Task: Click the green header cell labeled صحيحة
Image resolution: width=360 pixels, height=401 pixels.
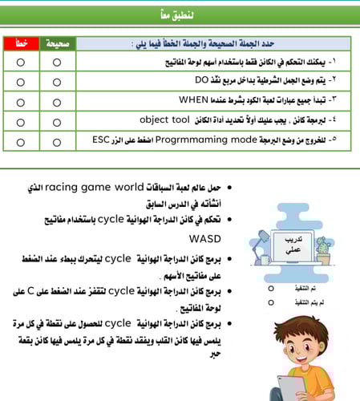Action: tap(56, 43)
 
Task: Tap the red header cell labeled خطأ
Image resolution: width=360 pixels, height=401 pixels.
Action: tap(19, 43)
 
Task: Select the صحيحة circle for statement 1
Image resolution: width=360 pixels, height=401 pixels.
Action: tap(56, 61)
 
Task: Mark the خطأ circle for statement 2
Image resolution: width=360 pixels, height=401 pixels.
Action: tap(19, 81)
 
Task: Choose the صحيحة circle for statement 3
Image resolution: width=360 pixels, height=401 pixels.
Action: tap(56, 101)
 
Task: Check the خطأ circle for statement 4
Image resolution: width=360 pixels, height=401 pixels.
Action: tap(19, 121)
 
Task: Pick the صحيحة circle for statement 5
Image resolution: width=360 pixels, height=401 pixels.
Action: tap(56, 141)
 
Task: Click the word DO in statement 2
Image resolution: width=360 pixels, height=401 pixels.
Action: tap(201, 80)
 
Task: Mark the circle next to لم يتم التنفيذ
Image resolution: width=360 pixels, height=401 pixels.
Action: tap(271, 302)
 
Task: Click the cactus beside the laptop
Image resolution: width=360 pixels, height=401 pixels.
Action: tap(322, 249)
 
